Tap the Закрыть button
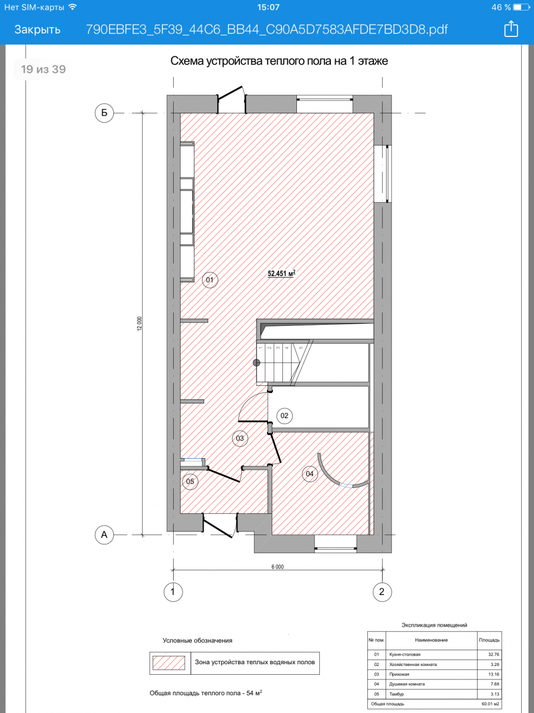point(38,29)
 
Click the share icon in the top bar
point(511,29)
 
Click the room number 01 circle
point(210,280)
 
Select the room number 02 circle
point(285,415)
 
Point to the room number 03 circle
point(240,438)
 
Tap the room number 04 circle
point(310,474)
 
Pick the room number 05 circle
point(190,482)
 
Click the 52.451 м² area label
point(281,273)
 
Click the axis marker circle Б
point(104,113)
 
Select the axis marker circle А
point(104,534)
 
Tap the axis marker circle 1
point(173,591)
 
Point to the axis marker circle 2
point(382,591)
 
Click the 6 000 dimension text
point(278,567)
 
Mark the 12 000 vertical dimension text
point(140,324)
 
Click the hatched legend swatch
point(168,662)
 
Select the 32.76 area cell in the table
point(494,654)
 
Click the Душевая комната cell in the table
point(407,684)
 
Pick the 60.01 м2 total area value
point(490,704)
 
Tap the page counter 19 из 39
point(43,69)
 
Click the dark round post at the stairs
point(256,362)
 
